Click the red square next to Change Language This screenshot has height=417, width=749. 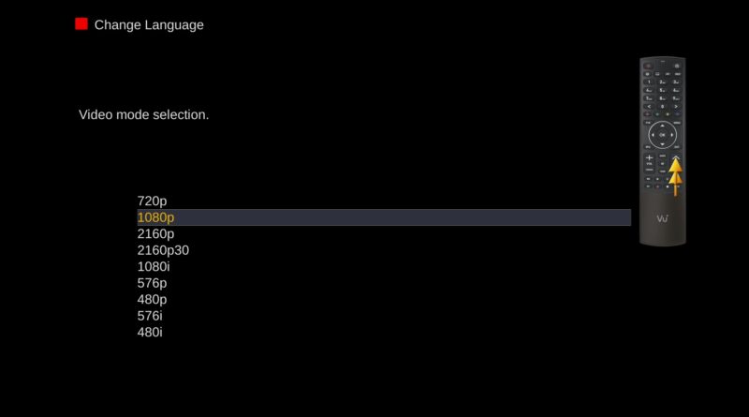[x=81, y=24]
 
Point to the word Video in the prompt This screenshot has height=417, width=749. [x=95, y=114]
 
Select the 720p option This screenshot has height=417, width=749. [x=152, y=201]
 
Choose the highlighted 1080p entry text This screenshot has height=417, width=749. [x=155, y=217]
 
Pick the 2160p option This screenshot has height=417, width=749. [x=155, y=234]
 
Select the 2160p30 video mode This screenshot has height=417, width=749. [x=163, y=250]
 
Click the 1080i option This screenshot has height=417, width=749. [x=154, y=266]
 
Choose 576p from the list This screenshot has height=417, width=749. [x=152, y=283]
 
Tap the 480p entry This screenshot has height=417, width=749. [x=152, y=299]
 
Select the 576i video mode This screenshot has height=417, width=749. [x=150, y=316]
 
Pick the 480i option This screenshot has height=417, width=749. [x=150, y=332]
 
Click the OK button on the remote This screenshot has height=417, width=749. [x=662, y=135]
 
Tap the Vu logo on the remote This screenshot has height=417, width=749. [x=662, y=219]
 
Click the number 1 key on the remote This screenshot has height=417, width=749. [x=649, y=82]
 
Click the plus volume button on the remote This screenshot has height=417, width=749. [x=649, y=157]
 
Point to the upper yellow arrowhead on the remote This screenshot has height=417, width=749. [x=675, y=166]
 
